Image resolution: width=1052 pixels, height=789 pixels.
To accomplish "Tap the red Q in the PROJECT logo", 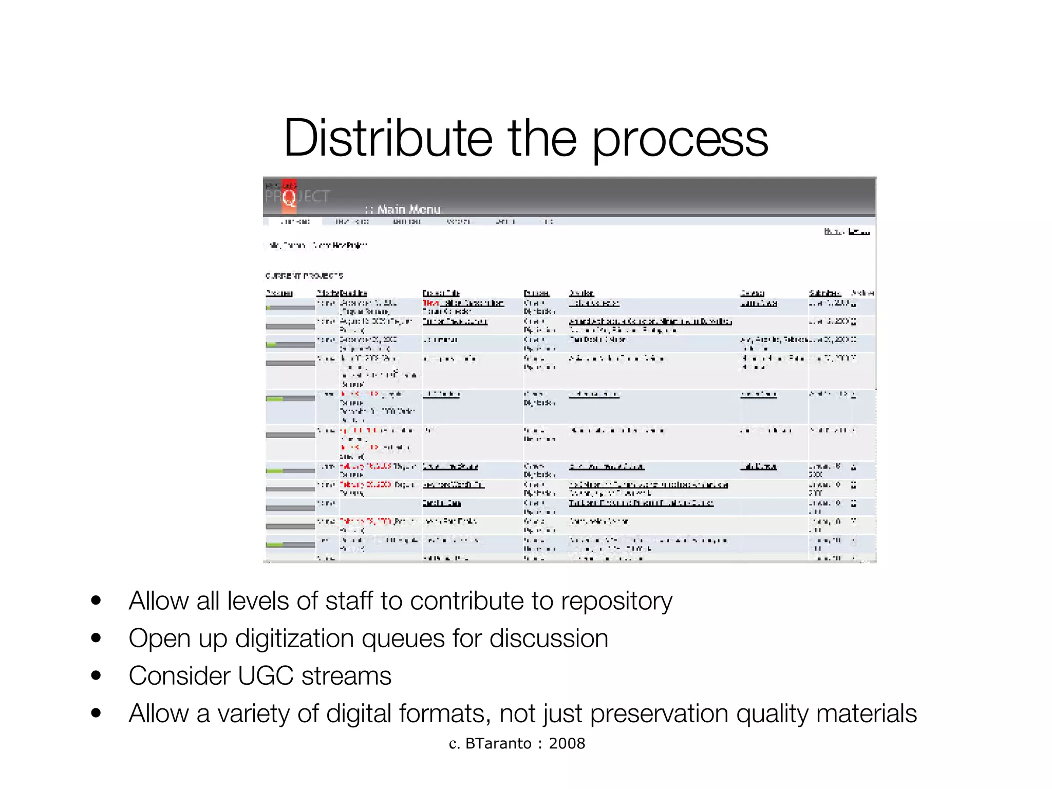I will click(x=289, y=197).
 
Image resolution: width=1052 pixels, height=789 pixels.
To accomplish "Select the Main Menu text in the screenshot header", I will click(x=409, y=210).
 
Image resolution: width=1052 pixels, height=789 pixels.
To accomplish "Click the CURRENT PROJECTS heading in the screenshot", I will click(x=304, y=276).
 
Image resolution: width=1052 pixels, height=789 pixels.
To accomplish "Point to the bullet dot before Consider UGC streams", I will click(x=96, y=675).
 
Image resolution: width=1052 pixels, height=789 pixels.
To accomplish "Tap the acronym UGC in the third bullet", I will click(x=266, y=676).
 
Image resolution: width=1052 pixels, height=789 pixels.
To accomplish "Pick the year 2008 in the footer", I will click(x=567, y=743).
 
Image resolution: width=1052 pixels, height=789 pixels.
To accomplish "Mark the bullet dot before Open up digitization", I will click(x=96, y=638).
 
